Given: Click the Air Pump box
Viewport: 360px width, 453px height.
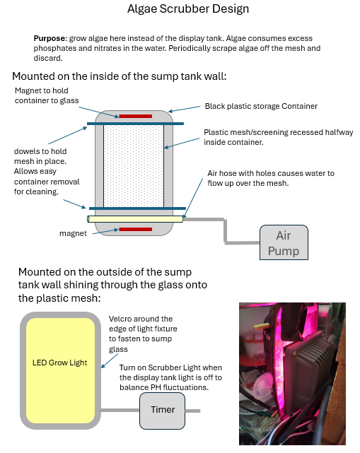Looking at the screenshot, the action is point(284,242).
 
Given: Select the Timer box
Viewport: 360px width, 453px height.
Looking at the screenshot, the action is point(162,411).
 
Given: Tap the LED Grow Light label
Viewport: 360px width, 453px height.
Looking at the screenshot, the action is point(60,363).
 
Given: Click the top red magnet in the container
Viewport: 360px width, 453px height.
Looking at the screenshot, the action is point(135,116).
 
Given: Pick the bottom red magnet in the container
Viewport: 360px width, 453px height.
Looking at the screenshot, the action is point(135,229).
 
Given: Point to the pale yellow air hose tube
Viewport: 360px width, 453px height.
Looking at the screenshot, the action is point(135,219).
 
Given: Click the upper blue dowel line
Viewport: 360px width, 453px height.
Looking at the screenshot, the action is point(135,124).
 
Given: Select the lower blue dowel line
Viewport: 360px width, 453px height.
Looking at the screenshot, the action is point(137,208).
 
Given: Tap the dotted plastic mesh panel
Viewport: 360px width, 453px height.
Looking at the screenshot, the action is point(134,166).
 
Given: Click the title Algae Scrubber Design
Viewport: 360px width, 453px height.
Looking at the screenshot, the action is point(188,8).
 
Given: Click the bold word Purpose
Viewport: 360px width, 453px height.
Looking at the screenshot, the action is point(50,38).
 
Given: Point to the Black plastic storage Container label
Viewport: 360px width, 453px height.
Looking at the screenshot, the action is point(261,106).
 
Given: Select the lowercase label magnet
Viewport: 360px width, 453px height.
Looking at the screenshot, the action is point(73,233).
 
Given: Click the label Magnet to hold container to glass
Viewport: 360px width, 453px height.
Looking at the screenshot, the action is point(47,95).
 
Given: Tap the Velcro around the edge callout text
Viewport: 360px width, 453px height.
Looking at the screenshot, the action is point(143,334).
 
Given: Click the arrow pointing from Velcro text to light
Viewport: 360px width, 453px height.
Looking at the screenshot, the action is point(110,361).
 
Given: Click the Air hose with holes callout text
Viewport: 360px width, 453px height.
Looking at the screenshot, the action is point(271,178).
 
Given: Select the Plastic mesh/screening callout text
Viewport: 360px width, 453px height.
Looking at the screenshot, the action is point(279,137).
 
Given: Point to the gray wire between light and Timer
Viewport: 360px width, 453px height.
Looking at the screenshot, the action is point(120,410).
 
